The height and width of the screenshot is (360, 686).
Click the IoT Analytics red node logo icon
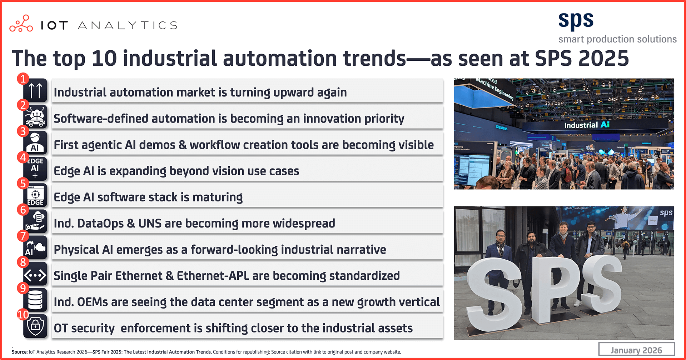click(21, 24)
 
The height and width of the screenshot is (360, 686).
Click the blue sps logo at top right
click(576, 21)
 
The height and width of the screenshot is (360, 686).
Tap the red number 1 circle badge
click(23, 79)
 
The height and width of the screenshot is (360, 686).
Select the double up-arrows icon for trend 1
click(35, 91)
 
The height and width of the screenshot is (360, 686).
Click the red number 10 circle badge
click(23, 314)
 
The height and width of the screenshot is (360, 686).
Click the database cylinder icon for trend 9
click(35, 300)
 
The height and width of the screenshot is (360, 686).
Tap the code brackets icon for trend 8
click(35, 275)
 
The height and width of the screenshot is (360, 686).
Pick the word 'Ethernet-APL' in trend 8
click(213, 276)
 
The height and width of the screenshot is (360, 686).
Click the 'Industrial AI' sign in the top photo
click(587, 125)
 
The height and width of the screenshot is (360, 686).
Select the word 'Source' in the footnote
click(19, 352)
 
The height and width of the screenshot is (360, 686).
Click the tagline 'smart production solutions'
click(617, 39)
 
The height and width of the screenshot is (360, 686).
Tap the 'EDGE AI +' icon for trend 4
click(35, 168)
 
